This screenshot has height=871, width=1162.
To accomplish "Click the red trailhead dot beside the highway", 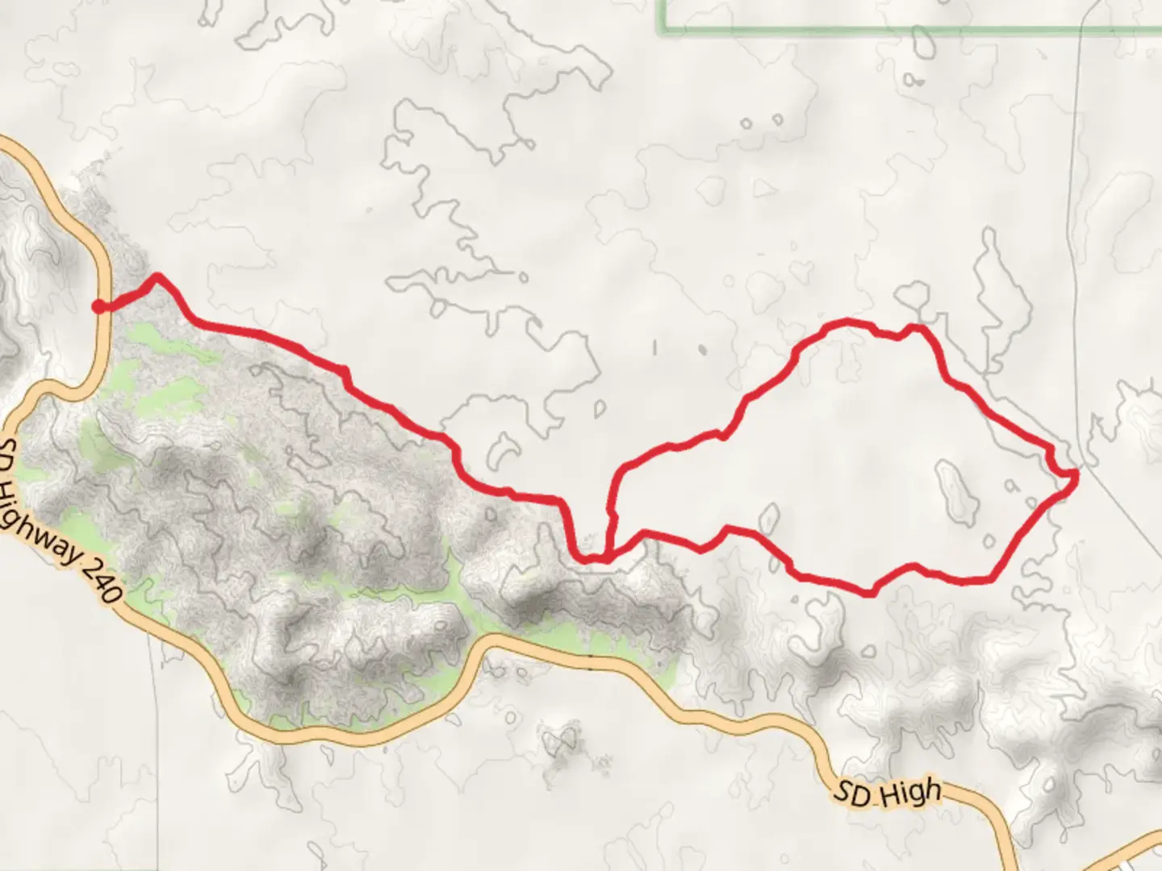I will click(x=98, y=306).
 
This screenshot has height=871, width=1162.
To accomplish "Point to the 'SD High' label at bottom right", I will click(x=887, y=793).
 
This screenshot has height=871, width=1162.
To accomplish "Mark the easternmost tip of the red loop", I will click(x=1076, y=477).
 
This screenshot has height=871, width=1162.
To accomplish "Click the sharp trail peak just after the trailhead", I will click(x=157, y=277).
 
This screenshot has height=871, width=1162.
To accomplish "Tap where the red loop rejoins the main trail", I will click(x=607, y=555).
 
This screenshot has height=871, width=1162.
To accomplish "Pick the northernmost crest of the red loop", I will click(x=847, y=322).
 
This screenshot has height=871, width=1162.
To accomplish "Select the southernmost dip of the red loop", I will click(x=870, y=594).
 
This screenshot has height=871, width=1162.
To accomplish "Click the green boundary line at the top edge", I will click(x=888, y=31).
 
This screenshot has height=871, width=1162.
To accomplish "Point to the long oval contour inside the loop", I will click(x=957, y=494).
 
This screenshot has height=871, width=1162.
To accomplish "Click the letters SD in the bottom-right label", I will click(x=852, y=795).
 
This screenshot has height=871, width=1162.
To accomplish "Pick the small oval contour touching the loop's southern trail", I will click(x=768, y=519).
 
